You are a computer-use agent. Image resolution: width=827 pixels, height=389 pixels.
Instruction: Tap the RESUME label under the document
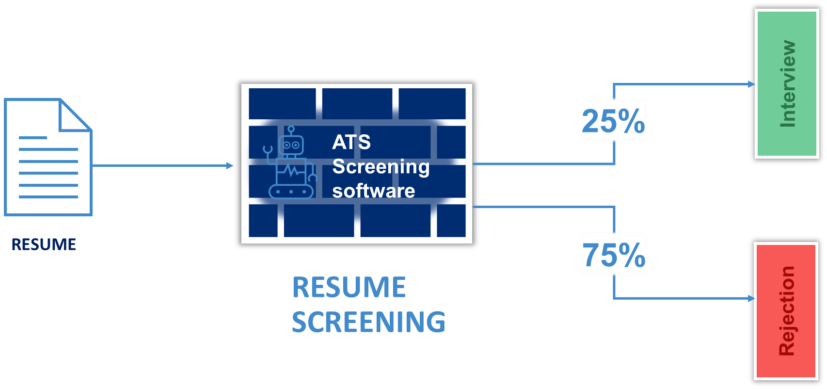coord(44,244)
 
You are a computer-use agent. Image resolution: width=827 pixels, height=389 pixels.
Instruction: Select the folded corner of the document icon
coord(75,115)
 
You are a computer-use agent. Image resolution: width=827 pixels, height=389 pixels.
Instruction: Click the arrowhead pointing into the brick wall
coord(230,166)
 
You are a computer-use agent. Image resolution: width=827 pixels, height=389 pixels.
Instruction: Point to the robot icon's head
coord(291,145)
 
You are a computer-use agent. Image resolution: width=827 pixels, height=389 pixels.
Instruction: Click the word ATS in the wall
coord(351,142)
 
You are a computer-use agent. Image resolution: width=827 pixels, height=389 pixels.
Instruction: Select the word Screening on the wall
coord(381,167)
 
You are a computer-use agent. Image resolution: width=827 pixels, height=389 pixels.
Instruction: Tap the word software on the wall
coord(374,191)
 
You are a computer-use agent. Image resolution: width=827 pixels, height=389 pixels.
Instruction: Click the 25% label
coord(613,120)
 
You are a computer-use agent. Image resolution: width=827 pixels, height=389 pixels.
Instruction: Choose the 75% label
coord(614,254)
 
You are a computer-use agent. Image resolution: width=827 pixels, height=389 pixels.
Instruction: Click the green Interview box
coord(787,84)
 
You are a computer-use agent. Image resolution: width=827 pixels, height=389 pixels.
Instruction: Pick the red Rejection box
coord(786,311)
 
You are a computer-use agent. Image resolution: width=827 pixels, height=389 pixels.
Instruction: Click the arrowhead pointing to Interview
coord(751,84)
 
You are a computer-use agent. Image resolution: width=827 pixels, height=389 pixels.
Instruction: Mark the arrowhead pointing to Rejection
coord(751,298)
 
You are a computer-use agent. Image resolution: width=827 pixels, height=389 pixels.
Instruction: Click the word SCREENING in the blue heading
coord(368,322)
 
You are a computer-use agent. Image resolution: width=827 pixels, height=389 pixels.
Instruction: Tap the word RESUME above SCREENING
coord(349,287)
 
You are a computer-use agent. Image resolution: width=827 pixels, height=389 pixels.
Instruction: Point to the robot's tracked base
coord(291,192)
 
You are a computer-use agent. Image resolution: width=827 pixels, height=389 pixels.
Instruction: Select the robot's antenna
coord(291,130)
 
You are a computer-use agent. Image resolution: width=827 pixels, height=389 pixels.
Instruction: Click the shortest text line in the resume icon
coord(33,138)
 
